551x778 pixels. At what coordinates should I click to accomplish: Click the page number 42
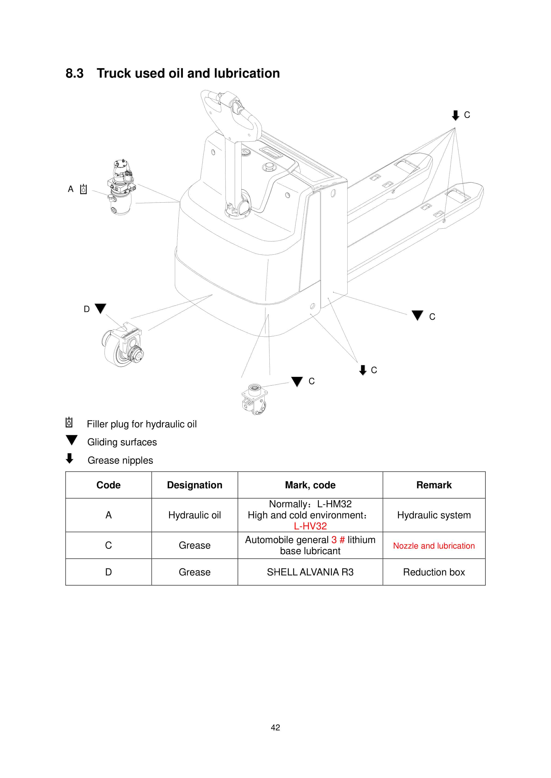click(275, 727)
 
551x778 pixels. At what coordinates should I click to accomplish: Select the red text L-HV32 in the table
click(310, 526)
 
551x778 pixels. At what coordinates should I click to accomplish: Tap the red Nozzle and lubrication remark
click(434, 546)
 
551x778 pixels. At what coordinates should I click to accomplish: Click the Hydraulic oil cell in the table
click(194, 515)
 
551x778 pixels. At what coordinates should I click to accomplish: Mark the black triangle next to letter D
click(100, 308)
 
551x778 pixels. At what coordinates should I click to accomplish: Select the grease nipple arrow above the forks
click(455, 115)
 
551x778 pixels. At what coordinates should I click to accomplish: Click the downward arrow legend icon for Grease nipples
click(70, 459)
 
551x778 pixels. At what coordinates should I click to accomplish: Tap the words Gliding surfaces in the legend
click(122, 442)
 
